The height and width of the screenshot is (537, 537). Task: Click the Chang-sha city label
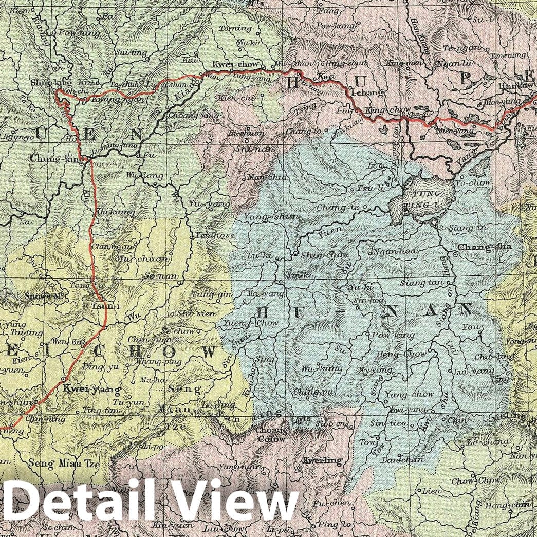(x=484, y=247)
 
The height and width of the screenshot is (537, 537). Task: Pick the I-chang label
(x=366, y=92)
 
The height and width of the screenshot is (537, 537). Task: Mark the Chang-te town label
(x=337, y=207)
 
